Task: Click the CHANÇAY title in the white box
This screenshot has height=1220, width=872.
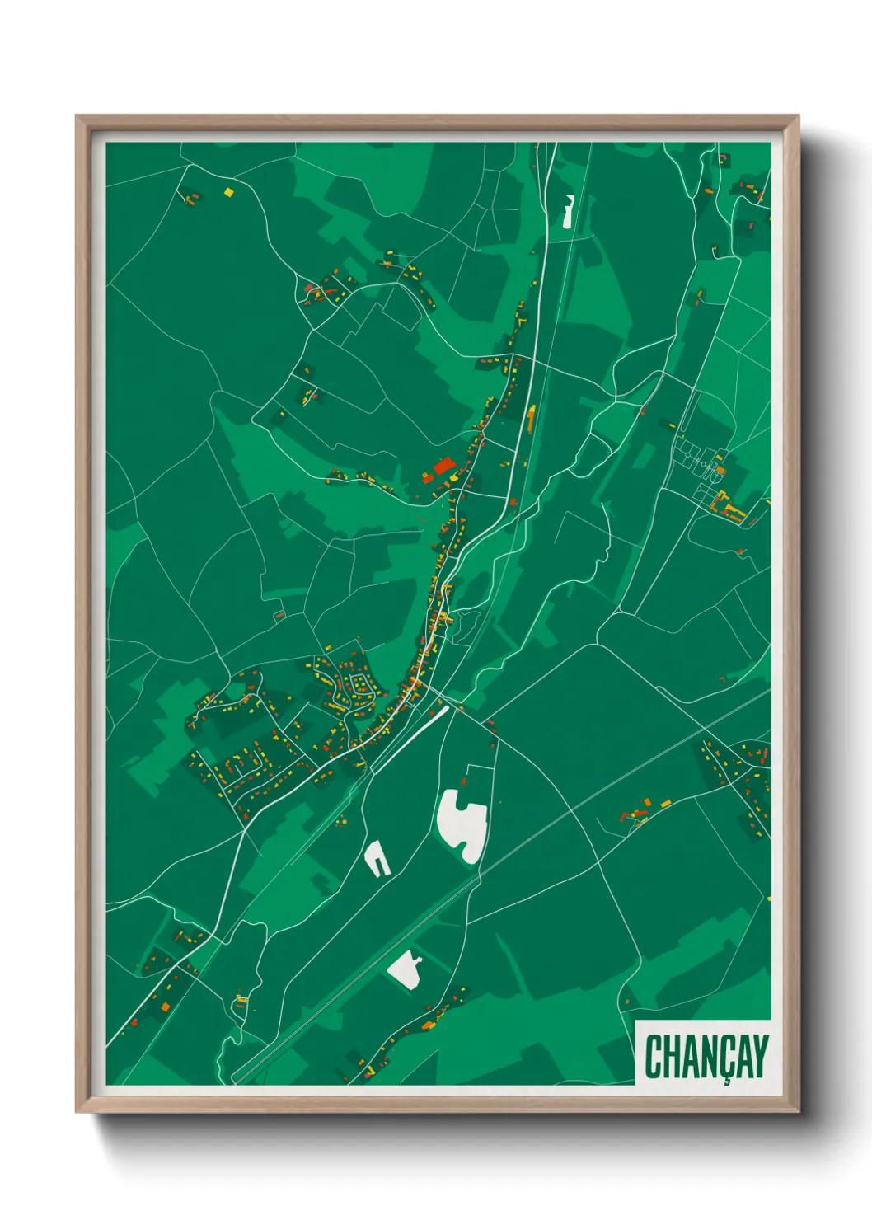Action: tap(706, 1056)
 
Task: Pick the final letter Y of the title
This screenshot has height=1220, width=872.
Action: tap(760, 1056)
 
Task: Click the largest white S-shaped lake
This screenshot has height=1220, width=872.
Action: tap(462, 824)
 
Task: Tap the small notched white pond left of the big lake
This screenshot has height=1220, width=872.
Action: tap(377, 859)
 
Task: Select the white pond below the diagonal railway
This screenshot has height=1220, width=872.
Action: tap(406, 969)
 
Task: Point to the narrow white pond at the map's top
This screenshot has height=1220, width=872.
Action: tap(568, 212)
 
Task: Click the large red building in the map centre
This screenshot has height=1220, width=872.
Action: tap(443, 467)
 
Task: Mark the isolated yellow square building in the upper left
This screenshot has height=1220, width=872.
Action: tap(229, 192)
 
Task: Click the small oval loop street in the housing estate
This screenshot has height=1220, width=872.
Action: tap(359, 683)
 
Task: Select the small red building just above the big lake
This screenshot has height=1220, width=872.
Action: tap(464, 780)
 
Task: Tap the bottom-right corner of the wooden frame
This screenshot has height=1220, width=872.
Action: tap(798, 1111)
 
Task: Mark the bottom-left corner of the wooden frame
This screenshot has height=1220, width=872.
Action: tap(77, 1111)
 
